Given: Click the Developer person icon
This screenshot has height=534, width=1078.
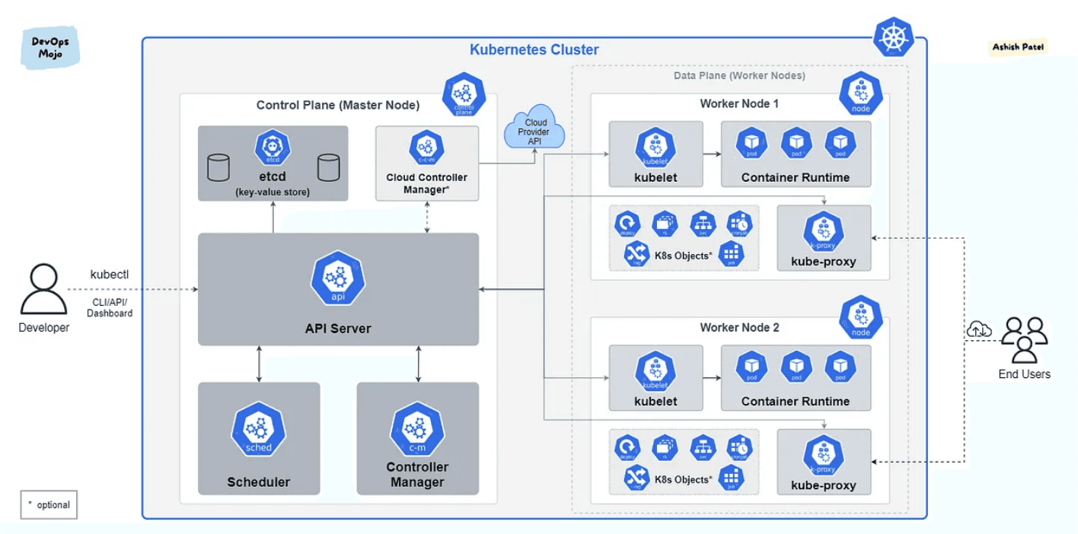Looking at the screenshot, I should [43, 289].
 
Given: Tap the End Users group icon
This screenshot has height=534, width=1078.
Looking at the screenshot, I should [1024, 340].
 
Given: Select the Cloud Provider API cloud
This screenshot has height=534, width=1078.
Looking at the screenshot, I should [535, 128].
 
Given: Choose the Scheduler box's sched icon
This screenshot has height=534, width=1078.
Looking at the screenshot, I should [258, 432].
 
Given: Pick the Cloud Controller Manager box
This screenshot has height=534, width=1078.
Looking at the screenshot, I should [427, 164].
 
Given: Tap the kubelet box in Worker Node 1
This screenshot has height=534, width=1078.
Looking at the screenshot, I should [655, 154].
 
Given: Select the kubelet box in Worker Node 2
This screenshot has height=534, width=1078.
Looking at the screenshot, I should [655, 378].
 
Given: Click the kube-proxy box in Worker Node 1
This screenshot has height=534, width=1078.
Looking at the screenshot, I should [824, 238].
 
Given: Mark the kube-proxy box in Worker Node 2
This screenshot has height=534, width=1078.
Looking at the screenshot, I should [824, 462].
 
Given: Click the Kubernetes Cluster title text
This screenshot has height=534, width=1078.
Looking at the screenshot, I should [534, 50].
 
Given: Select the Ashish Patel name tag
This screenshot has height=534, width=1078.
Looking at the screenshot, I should [1018, 47].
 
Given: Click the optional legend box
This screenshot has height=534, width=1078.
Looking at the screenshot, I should [49, 504].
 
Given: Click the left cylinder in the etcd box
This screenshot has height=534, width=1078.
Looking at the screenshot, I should [218, 167].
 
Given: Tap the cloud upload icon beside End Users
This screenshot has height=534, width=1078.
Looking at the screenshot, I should [979, 329].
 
